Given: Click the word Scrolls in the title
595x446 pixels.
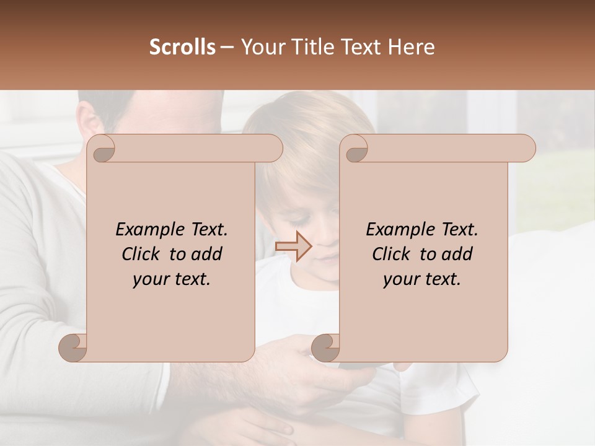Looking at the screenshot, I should point(182,47).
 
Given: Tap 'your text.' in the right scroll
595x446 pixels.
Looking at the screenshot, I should point(422,279).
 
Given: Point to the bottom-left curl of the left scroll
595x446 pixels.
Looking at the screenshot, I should point(73,347).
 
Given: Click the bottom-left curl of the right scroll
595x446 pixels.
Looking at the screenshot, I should point(325,347).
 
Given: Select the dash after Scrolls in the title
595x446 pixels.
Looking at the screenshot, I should point(227,48).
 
